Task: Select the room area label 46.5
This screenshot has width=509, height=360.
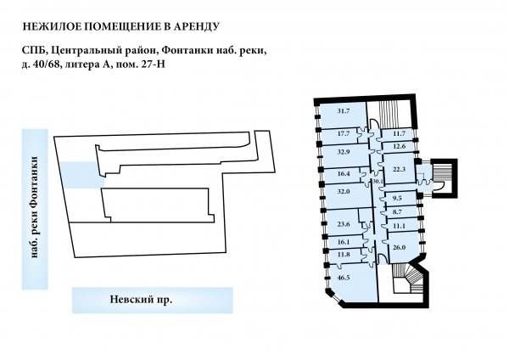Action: (343, 278)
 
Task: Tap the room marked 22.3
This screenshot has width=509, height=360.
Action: (399, 169)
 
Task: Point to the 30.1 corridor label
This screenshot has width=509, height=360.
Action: (378, 182)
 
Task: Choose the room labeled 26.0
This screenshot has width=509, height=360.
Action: (399, 247)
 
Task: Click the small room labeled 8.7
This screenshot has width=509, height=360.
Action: (397, 212)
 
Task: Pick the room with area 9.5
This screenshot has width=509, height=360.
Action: (397, 198)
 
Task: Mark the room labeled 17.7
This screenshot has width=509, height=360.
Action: (343, 133)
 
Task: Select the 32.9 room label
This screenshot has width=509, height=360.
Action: (343, 152)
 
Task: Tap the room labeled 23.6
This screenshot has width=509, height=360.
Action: (343, 224)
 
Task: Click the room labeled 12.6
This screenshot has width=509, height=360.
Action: (399, 146)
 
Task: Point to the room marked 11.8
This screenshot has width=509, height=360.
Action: (343, 255)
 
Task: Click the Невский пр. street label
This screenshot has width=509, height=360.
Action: (141, 299)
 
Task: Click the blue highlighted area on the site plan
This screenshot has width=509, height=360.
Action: (81, 175)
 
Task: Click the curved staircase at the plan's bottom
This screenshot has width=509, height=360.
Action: (408, 278)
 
